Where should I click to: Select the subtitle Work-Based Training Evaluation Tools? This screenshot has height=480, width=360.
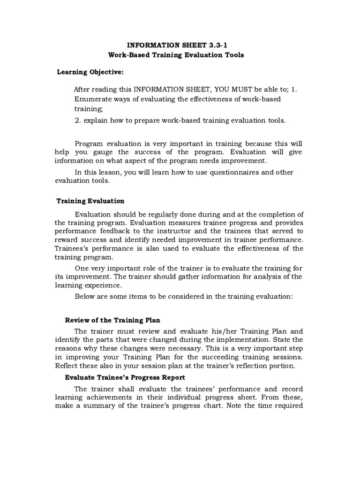click(176, 55)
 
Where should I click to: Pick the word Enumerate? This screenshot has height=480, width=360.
click(92, 99)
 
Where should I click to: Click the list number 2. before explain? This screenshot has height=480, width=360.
click(78, 120)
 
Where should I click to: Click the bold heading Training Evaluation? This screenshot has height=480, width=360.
click(90, 201)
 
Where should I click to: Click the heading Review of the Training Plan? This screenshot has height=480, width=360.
click(112, 320)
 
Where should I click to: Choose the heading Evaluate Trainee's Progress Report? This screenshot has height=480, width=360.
click(125, 377)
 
